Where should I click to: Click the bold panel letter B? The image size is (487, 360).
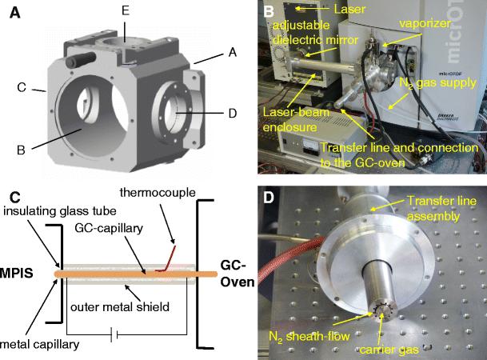tap(269, 11)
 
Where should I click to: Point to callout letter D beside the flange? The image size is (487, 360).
tap(231, 114)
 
